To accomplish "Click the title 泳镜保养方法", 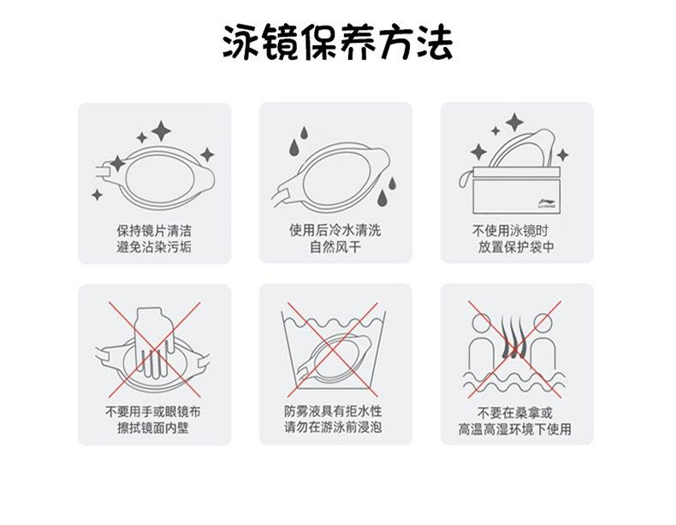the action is [337, 42].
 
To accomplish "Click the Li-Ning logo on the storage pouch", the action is [547, 204].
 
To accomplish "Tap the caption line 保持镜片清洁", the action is [154, 230].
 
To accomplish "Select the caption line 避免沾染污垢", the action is [154, 247].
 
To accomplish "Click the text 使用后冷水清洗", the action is [335, 230].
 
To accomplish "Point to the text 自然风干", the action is [335, 247].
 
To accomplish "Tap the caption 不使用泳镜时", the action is [511, 231].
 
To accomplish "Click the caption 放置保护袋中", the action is [516, 247].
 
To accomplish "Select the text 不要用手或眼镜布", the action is [153, 411].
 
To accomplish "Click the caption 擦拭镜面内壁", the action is [153, 428].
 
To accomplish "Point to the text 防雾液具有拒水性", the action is [333, 411].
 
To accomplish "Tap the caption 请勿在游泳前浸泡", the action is [333, 428].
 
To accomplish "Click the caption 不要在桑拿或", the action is [515, 413].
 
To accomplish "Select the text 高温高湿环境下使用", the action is [515, 429].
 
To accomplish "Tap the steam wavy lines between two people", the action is [514, 336].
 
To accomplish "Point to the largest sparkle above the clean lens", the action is [161, 131].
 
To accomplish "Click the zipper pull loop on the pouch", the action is [465, 179].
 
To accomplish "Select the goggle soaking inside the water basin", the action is [335, 357].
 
